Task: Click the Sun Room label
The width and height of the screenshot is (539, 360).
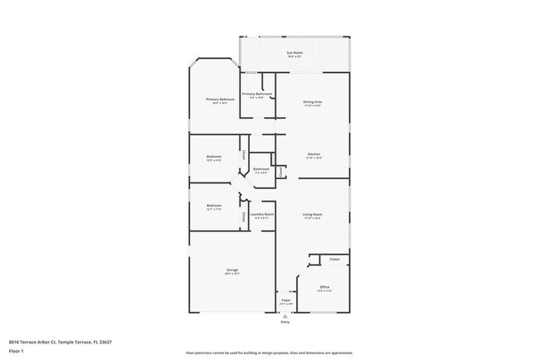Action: pyautogui.click(x=294, y=53)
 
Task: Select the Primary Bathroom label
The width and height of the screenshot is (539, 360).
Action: pyautogui.click(x=257, y=95)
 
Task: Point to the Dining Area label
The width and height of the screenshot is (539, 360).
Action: pyautogui.click(x=313, y=102)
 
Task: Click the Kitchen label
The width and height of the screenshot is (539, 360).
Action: pyautogui.click(x=313, y=154)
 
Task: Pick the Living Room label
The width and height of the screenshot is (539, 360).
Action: pyautogui.click(x=313, y=215)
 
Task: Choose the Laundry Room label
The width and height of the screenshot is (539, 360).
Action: pyautogui.click(x=262, y=214)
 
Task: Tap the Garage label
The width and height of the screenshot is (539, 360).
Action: pyautogui.click(x=232, y=270)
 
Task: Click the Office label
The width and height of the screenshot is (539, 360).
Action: pyautogui.click(x=324, y=287)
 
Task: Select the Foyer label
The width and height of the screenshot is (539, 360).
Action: pyautogui.click(x=285, y=300)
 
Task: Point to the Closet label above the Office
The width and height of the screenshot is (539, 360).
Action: pyautogui.click(x=334, y=260)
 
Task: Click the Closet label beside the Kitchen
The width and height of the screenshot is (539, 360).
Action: pyautogui.click(x=282, y=171)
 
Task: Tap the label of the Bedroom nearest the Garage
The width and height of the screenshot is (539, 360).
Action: pyautogui.click(x=214, y=205)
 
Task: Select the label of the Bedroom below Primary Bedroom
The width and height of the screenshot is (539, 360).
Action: pyautogui.click(x=214, y=157)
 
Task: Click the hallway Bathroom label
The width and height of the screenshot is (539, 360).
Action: pyautogui.click(x=261, y=169)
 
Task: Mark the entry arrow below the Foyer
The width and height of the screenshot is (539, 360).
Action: pyautogui.click(x=285, y=315)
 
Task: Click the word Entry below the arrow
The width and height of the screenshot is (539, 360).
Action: pyautogui.click(x=285, y=322)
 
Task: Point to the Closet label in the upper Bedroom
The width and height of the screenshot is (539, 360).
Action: pyautogui.click(x=243, y=153)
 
